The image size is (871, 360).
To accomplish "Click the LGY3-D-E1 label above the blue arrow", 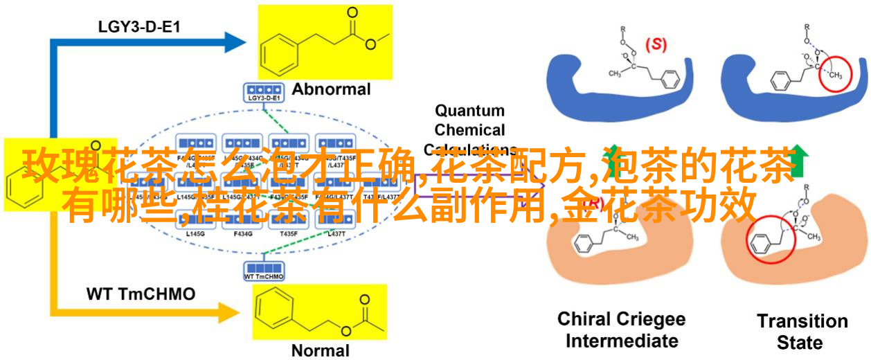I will pos(129,28).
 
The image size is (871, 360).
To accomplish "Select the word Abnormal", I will pos(331,89).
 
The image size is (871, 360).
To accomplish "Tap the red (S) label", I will pos(656,44).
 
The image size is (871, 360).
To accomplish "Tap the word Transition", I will pos(802,321).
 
